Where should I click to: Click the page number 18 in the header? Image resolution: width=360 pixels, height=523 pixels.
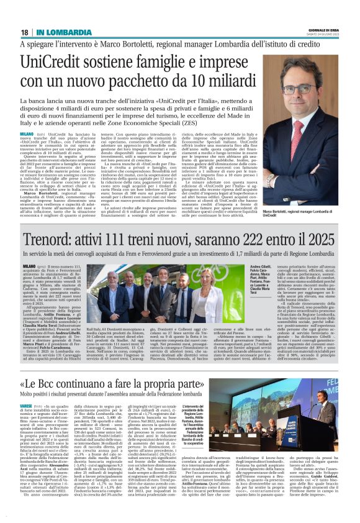25,32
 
